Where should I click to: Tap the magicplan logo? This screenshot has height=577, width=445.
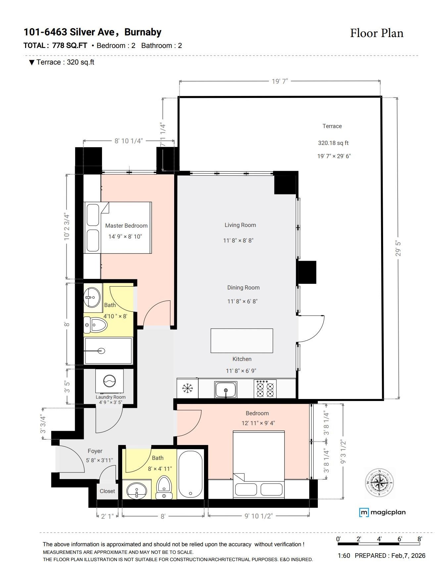[x=382, y=512]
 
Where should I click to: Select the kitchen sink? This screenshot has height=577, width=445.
[x=226, y=389]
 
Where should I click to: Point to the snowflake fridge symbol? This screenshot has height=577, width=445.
[x=188, y=388]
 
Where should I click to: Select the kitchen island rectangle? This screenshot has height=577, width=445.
[x=242, y=340]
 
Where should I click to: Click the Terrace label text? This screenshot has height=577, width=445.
[x=332, y=126]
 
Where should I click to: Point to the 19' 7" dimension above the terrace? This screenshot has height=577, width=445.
[x=280, y=81]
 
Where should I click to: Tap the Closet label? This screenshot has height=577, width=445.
[x=107, y=491]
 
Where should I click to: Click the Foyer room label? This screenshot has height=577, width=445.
[x=95, y=451]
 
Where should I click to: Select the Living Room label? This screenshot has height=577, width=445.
[x=240, y=225]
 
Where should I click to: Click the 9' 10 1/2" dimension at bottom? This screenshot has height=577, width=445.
[x=259, y=516]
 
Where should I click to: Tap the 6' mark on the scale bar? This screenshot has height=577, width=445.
[x=400, y=539]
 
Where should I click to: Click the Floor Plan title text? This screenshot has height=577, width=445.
[x=376, y=33]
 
